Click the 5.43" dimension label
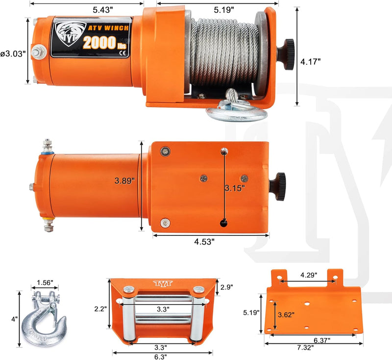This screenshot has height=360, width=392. click(x=103, y=10)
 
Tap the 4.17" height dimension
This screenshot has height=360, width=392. click(x=310, y=61)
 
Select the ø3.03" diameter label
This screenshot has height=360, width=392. click(x=13, y=53)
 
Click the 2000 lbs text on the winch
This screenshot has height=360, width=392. click(x=105, y=43)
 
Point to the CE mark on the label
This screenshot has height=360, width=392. click(x=123, y=53)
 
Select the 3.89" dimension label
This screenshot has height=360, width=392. click(x=124, y=180)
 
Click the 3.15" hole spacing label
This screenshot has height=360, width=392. click(x=234, y=188)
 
